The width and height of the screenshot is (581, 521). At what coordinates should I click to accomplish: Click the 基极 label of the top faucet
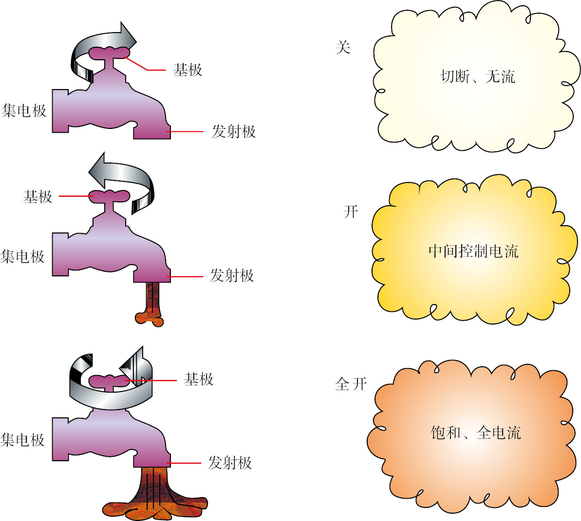point(187,70)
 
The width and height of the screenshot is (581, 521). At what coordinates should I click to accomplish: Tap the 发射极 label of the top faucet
point(233,132)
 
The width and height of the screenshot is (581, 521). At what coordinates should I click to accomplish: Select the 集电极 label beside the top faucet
point(24,110)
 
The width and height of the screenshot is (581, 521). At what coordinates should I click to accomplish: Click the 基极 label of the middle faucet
point(37,197)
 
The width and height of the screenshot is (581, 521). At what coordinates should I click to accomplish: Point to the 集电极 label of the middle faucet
point(23,256)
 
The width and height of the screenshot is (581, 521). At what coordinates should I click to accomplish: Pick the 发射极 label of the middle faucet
point(232,276)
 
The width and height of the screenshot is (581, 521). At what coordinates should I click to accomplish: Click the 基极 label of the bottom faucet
point(198,379)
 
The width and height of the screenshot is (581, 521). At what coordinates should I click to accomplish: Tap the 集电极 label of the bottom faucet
point(23,440)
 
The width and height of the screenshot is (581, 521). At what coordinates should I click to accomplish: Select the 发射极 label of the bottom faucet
point(230,463)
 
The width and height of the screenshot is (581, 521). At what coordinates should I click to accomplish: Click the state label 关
point(343,47)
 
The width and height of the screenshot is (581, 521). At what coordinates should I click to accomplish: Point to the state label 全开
point(351,384)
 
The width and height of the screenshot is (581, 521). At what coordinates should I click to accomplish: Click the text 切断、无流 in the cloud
point(477,76)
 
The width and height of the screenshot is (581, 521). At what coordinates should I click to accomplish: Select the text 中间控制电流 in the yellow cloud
point(473,251)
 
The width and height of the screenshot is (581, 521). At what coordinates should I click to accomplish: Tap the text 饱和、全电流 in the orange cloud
point(476,432)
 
